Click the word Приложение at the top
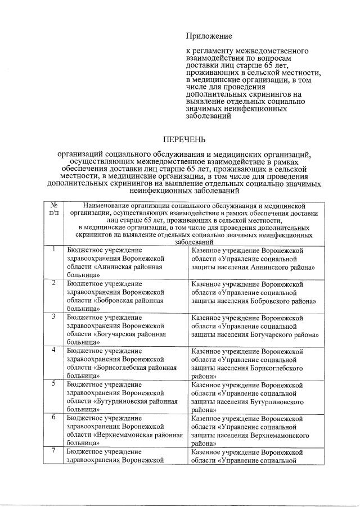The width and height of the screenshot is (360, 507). [209, 37]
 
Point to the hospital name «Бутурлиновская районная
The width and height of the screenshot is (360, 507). [136, 401]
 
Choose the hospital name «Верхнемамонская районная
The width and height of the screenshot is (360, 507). [138, 435]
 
